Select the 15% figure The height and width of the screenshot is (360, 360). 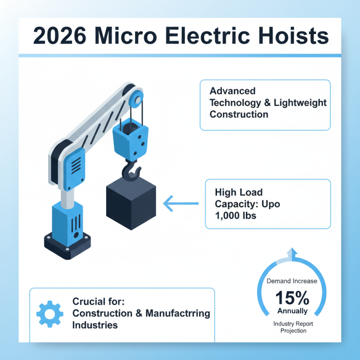[x=292, y=297]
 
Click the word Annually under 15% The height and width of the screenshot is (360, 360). [x=292, y=311]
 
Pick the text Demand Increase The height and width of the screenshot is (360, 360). [x=292, y=281]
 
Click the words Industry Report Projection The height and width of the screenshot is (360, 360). [x=293, y=327]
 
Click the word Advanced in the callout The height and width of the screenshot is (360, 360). [x=233, y=91]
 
